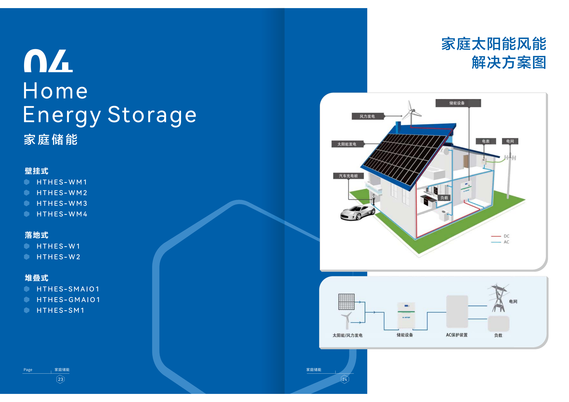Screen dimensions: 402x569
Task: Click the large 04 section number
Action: pos(48,61)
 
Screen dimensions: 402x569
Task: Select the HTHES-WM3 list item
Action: pos(62,203)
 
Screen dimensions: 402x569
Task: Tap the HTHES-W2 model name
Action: pos(58,257)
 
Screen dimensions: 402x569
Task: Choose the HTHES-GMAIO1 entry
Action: pos(68,300)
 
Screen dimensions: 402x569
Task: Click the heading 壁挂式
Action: pos(36,171)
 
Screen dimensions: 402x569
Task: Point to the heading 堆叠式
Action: pos(36,278)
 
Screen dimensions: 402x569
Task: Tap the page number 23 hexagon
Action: pos(61,379)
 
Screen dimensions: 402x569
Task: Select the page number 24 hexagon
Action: pos(345,379)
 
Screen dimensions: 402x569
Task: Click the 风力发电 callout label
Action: pos(367,116)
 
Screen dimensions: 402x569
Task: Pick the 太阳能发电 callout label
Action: pos(347,144)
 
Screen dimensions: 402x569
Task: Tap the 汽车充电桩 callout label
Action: pos(348,176)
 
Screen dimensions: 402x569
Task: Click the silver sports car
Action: pos(358,212)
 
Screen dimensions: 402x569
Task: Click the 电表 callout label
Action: pos(486,141)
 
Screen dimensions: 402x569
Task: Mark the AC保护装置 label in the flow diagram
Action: pos(457,335)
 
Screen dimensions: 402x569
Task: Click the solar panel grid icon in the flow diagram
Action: pos(346,302)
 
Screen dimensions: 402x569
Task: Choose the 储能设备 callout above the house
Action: pos(458,103)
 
